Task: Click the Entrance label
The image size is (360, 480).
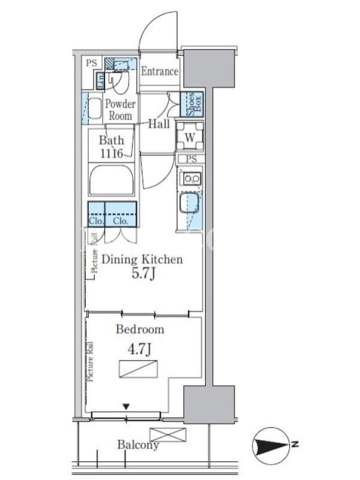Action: (160, 71)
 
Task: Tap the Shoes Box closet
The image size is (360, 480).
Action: (191, 104)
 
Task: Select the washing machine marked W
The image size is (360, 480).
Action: (190, 137)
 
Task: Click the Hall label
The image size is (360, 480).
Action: (159, 124)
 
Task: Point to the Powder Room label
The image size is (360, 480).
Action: (121, 110)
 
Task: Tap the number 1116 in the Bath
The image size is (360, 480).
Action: (112, 153)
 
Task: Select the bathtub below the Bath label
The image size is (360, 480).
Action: (112, 179)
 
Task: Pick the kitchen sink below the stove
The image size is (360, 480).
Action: (189, 202)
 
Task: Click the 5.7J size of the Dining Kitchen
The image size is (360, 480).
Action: (143, 274)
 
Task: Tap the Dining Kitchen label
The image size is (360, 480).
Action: (142, 259)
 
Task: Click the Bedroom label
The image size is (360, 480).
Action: (140, 329)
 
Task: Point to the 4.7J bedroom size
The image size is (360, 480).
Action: (140, 349)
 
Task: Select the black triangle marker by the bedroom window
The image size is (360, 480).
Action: (126, 407)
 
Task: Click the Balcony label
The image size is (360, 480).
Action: (138, 445)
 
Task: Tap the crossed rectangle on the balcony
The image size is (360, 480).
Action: (168, 434)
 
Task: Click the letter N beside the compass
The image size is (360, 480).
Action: (295, 444)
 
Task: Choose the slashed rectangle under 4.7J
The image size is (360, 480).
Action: (139, 369)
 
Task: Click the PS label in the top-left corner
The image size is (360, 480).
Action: (91, 63)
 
